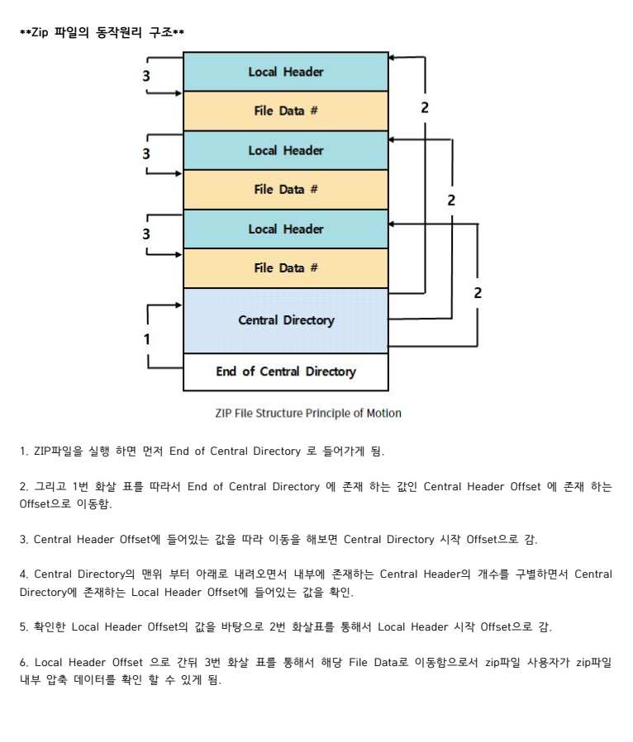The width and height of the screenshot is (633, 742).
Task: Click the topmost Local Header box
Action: coord(285,72)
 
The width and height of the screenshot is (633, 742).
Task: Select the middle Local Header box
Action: coord(285,150)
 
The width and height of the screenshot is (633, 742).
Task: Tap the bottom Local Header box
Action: coord(285,229)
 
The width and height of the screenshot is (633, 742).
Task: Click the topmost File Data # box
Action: coord(285,111)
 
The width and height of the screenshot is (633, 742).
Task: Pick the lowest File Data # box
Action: coord(285,268)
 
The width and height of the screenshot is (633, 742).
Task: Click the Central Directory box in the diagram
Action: coord(285,320)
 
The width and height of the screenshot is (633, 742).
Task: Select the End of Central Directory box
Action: coord(285,371)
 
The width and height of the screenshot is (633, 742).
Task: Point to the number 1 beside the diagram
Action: coord(147,338)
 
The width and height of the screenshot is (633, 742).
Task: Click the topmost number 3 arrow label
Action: coord(146,75)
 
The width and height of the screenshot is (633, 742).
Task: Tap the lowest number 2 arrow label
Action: coord(478,292)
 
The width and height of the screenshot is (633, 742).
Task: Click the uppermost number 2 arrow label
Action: coord(425,108)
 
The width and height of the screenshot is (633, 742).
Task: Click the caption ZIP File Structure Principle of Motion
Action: coord(308,413)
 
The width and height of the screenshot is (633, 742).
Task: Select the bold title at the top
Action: coord(102,33)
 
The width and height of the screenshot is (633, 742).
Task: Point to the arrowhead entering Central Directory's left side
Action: coord(178,305)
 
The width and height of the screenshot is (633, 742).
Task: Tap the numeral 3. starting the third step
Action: coord(24,540)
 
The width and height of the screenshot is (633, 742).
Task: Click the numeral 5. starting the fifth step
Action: coord(24,627)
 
